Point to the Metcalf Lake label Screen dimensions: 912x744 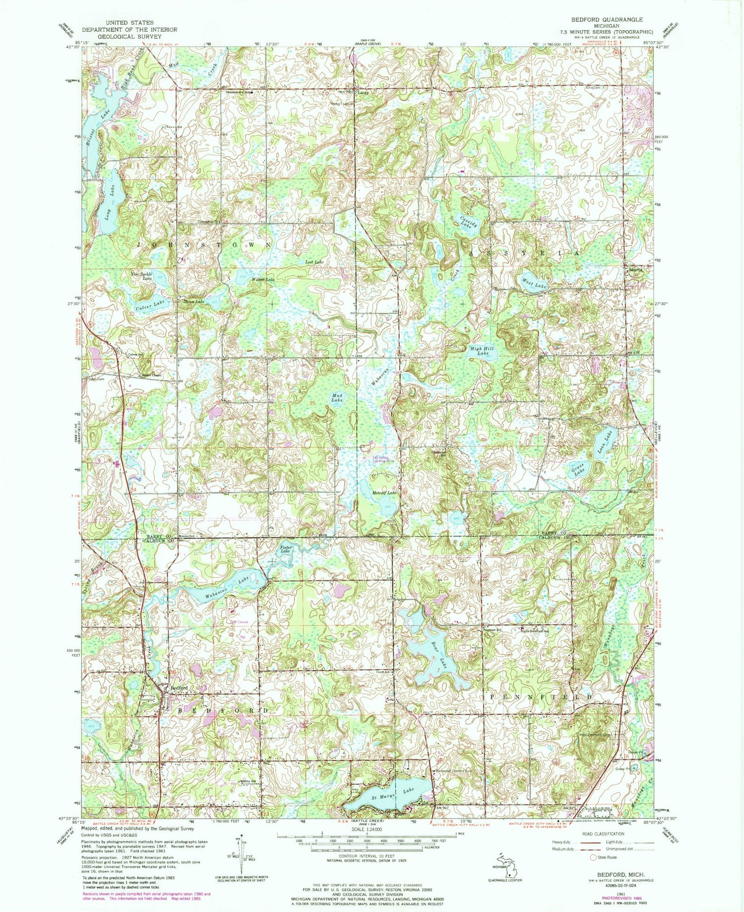click(384, 493)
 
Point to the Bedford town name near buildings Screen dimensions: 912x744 click(179, 688)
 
